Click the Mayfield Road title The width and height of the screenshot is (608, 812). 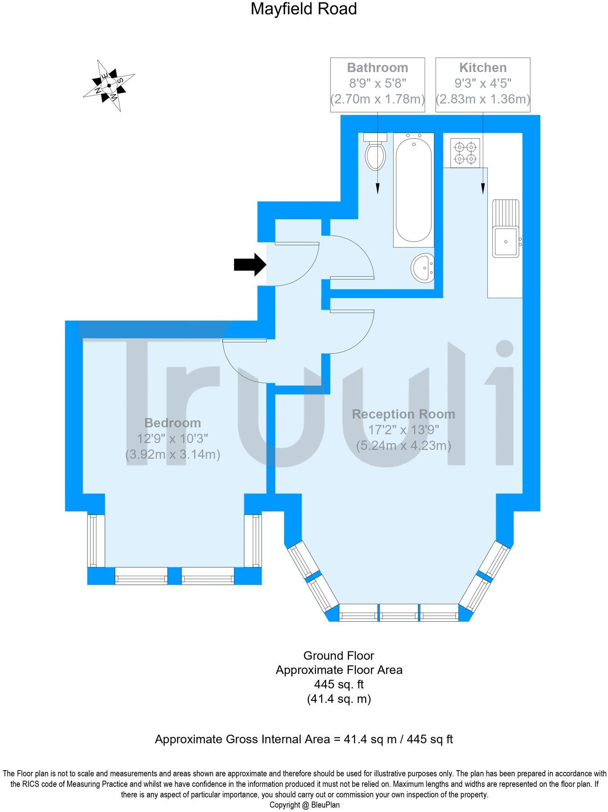point(304,9)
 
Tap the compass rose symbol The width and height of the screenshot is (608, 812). point(109,85)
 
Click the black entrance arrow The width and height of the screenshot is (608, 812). point(250,264)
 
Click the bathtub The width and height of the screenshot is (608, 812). point(413,190)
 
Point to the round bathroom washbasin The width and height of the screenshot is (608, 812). point(422,269)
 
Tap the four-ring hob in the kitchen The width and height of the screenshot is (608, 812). point(465,153)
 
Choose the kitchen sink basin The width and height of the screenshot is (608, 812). point(506,242)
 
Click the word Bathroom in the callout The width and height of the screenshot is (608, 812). point(377,68)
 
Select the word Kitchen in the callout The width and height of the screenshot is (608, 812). point(483,68)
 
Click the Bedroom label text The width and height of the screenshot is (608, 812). point(172,423)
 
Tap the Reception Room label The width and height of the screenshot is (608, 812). point(404,414)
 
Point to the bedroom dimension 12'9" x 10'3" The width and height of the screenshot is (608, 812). point(172,439)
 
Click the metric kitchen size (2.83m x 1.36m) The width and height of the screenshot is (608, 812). point(483,99)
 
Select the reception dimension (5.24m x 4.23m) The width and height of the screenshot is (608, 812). point(404,445)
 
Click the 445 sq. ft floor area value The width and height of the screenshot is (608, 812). point(339,685)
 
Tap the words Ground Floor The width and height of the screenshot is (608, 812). point(339,655)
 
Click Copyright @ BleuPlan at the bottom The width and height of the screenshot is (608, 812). point(304,805)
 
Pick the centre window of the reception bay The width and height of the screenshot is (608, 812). point(399,613)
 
